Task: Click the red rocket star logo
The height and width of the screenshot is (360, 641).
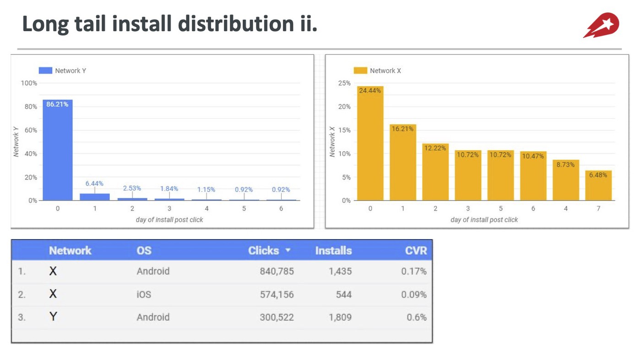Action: click(x=601, y=25)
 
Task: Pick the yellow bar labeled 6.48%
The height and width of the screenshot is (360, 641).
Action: click(x=598, y=185)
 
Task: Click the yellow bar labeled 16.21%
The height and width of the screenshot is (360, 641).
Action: click(x=403, y=162)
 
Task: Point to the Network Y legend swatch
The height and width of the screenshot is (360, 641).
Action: click(x=45, y=71)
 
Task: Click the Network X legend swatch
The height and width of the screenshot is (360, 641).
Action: click(x=360, y=71)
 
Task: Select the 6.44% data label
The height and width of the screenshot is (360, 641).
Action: click(x=94, y=183)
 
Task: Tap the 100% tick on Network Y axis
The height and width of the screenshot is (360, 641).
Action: click(x=29, y=83)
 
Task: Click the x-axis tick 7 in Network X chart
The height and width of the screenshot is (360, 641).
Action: click(x=598, y=208)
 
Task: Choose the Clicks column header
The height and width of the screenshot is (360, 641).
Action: click(x=263, y=251)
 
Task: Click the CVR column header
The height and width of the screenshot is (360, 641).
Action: click(x=416, y=251)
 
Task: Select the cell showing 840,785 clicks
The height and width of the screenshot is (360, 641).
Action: click(x=277, y=271)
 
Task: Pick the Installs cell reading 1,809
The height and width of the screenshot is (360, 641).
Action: click(x=340, y=317)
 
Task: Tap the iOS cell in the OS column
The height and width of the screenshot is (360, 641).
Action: click(x=144, y=294)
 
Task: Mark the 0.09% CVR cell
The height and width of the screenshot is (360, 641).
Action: click(x=413, y=294)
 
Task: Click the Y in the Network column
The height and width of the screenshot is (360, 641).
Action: click(x=53, y=316)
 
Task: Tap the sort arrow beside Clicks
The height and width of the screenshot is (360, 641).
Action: click(x=288, y=251)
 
